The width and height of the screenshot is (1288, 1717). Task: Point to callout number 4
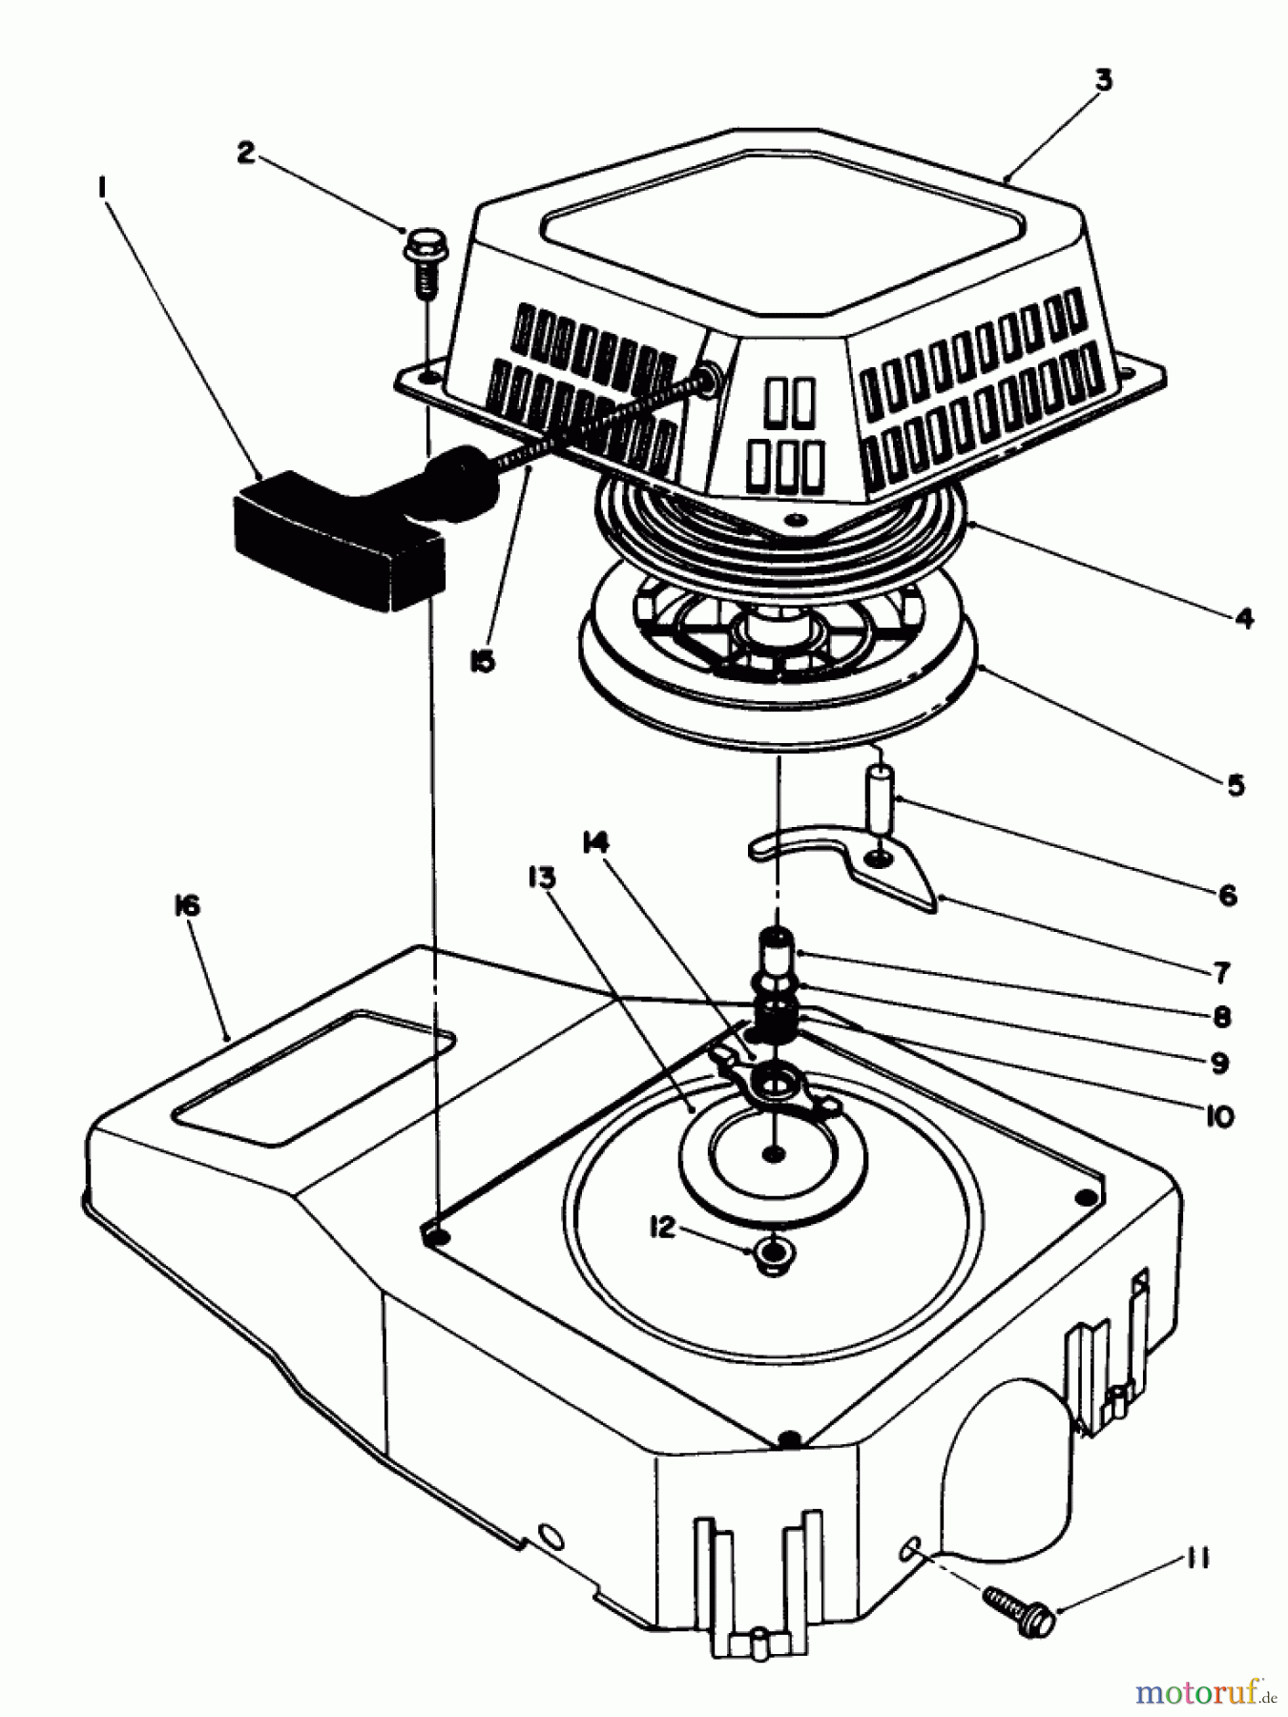click(x=1243, y=618)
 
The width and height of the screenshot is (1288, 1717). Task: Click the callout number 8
click(x=1222, y=1017)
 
